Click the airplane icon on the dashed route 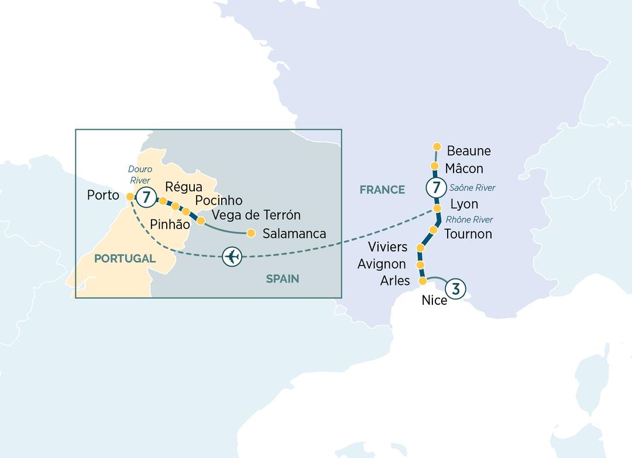(x=232, y=257)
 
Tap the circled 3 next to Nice (x=456, y=288)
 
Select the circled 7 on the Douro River (x=145, y=195)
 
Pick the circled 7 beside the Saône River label (x=435, y=188)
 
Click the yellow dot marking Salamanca (x=251, y=233)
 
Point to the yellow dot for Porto (x=130, y=196)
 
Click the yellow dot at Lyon (x=437, y=208)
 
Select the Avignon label (x=382, y=264)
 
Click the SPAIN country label (x=283, y=279)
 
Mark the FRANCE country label (x=382, y=190)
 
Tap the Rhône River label (x=469, y=220)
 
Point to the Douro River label (x=140, y=175)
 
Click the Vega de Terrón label (x=256, y=215)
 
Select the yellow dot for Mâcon (x=435, y=166)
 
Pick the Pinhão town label (x=170, y=224)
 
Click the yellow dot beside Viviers (x=420, y=249)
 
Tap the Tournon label (x=468, y=234)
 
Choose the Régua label (x=184, y=188)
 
